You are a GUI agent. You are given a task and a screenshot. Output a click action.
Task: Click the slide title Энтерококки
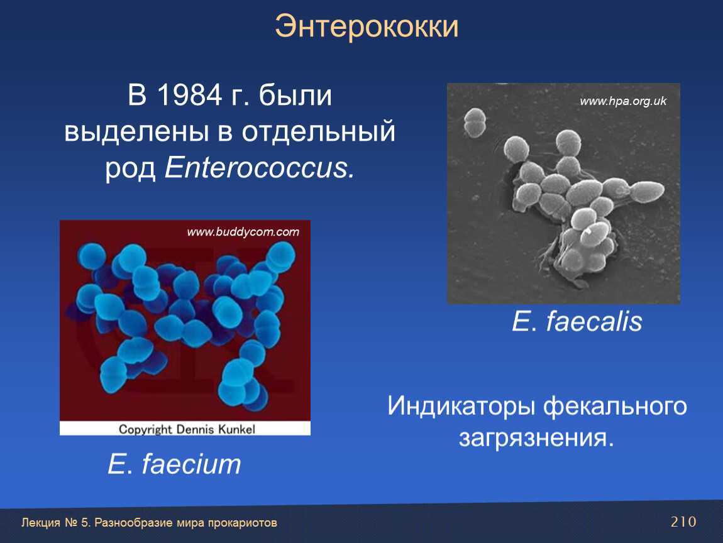(367, 27)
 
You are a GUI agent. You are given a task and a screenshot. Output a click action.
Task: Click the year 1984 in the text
(189, 96)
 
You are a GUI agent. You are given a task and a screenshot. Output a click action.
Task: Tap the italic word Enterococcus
(260, 167)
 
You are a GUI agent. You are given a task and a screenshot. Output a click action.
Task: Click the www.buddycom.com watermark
(243, 232)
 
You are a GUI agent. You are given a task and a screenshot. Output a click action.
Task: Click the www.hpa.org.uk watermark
(623, 101)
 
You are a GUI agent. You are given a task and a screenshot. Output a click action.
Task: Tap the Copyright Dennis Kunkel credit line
(187, 429)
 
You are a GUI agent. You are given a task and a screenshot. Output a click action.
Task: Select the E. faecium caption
(174, 464)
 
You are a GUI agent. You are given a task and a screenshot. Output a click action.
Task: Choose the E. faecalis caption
(577, 321)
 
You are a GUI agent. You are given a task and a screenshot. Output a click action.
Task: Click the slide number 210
(683, 522)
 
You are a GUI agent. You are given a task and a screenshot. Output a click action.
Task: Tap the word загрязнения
(536, 438)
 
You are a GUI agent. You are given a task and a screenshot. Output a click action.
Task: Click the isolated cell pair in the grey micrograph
(475, 122)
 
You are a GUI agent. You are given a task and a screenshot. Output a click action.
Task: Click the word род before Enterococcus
(131, 168)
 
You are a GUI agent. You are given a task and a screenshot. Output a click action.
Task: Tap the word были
(295, 96)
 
